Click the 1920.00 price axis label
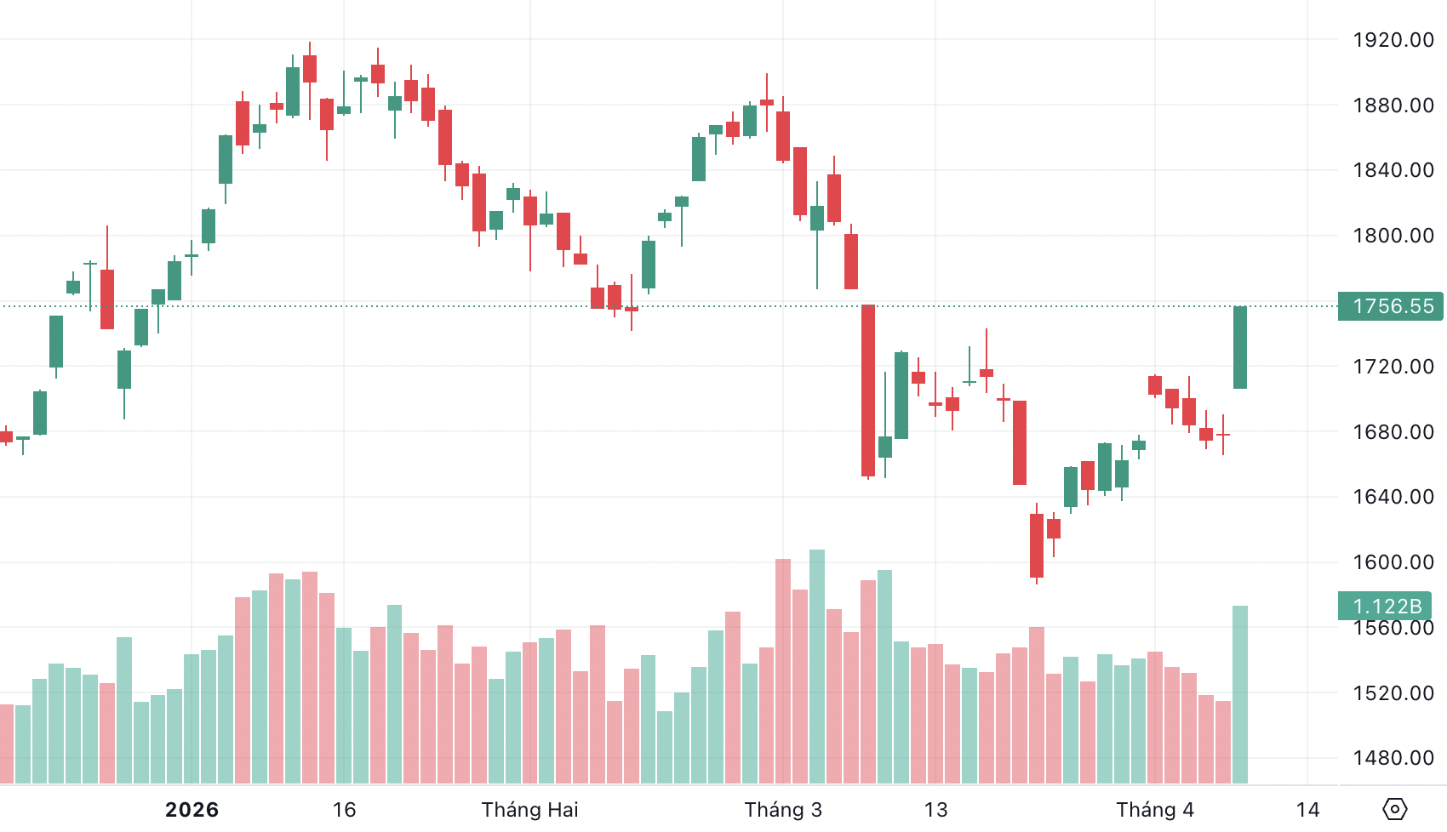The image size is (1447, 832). click(1393, 40)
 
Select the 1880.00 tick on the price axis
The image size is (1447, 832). click(1393, 105)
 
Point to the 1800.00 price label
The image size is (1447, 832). click(1393, 236)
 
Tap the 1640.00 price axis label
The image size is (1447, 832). click(1393, 497)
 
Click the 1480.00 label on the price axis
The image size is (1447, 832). click(1393, 758)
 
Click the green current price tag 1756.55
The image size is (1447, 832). click(1391, 306)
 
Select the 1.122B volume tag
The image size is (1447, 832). click(1386, 607)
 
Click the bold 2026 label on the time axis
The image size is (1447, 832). click(192, 810)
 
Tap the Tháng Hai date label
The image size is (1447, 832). click(529, 810)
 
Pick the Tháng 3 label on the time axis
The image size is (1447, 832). click(783, 810)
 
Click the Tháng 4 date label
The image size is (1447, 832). click(1155, 810)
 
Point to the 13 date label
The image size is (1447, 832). click(935, 810)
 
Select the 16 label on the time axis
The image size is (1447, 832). click(344, 810)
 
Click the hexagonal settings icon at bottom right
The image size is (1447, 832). click(1395, 809)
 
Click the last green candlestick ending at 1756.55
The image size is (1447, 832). click(1240, 347)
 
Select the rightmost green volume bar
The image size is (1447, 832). click(1240, 693)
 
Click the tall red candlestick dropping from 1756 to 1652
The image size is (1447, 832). click(868, 390)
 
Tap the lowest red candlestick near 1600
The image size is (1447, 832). click(1037, 545)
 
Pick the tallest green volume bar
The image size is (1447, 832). click(817, 666)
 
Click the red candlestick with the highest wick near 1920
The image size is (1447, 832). click(310, 69)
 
